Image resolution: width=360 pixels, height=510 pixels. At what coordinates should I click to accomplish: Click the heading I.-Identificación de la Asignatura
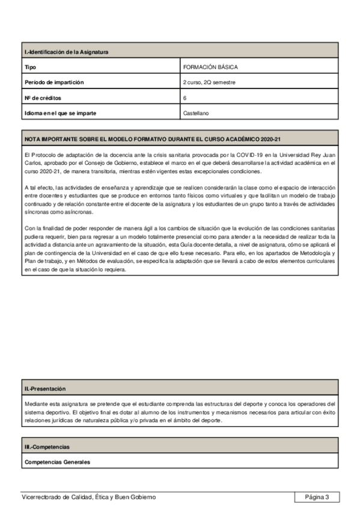coord(66,52)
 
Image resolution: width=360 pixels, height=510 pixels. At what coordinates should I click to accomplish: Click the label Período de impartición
coord(54,82)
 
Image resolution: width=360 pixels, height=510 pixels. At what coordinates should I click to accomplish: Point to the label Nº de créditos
coord(43,97)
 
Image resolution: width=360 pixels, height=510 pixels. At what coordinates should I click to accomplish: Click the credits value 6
coord(185,97)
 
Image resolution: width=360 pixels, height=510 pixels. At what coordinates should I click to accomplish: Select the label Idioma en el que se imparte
coord(60,112)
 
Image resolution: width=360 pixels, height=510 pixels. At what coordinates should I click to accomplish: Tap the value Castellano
coord(196,112)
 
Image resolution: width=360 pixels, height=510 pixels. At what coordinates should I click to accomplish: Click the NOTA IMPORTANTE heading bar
coord(153,139)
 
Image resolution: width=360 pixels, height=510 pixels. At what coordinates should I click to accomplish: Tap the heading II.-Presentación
coord(45,389)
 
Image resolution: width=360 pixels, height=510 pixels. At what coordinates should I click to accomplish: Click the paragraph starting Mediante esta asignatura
coord(180,412)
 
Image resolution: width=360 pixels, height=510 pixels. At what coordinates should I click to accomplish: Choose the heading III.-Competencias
coord(47,447)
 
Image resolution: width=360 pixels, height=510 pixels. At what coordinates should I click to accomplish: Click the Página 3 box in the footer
coord(317,497)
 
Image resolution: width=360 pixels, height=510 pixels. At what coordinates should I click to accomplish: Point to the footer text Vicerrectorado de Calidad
coord(88,497)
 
